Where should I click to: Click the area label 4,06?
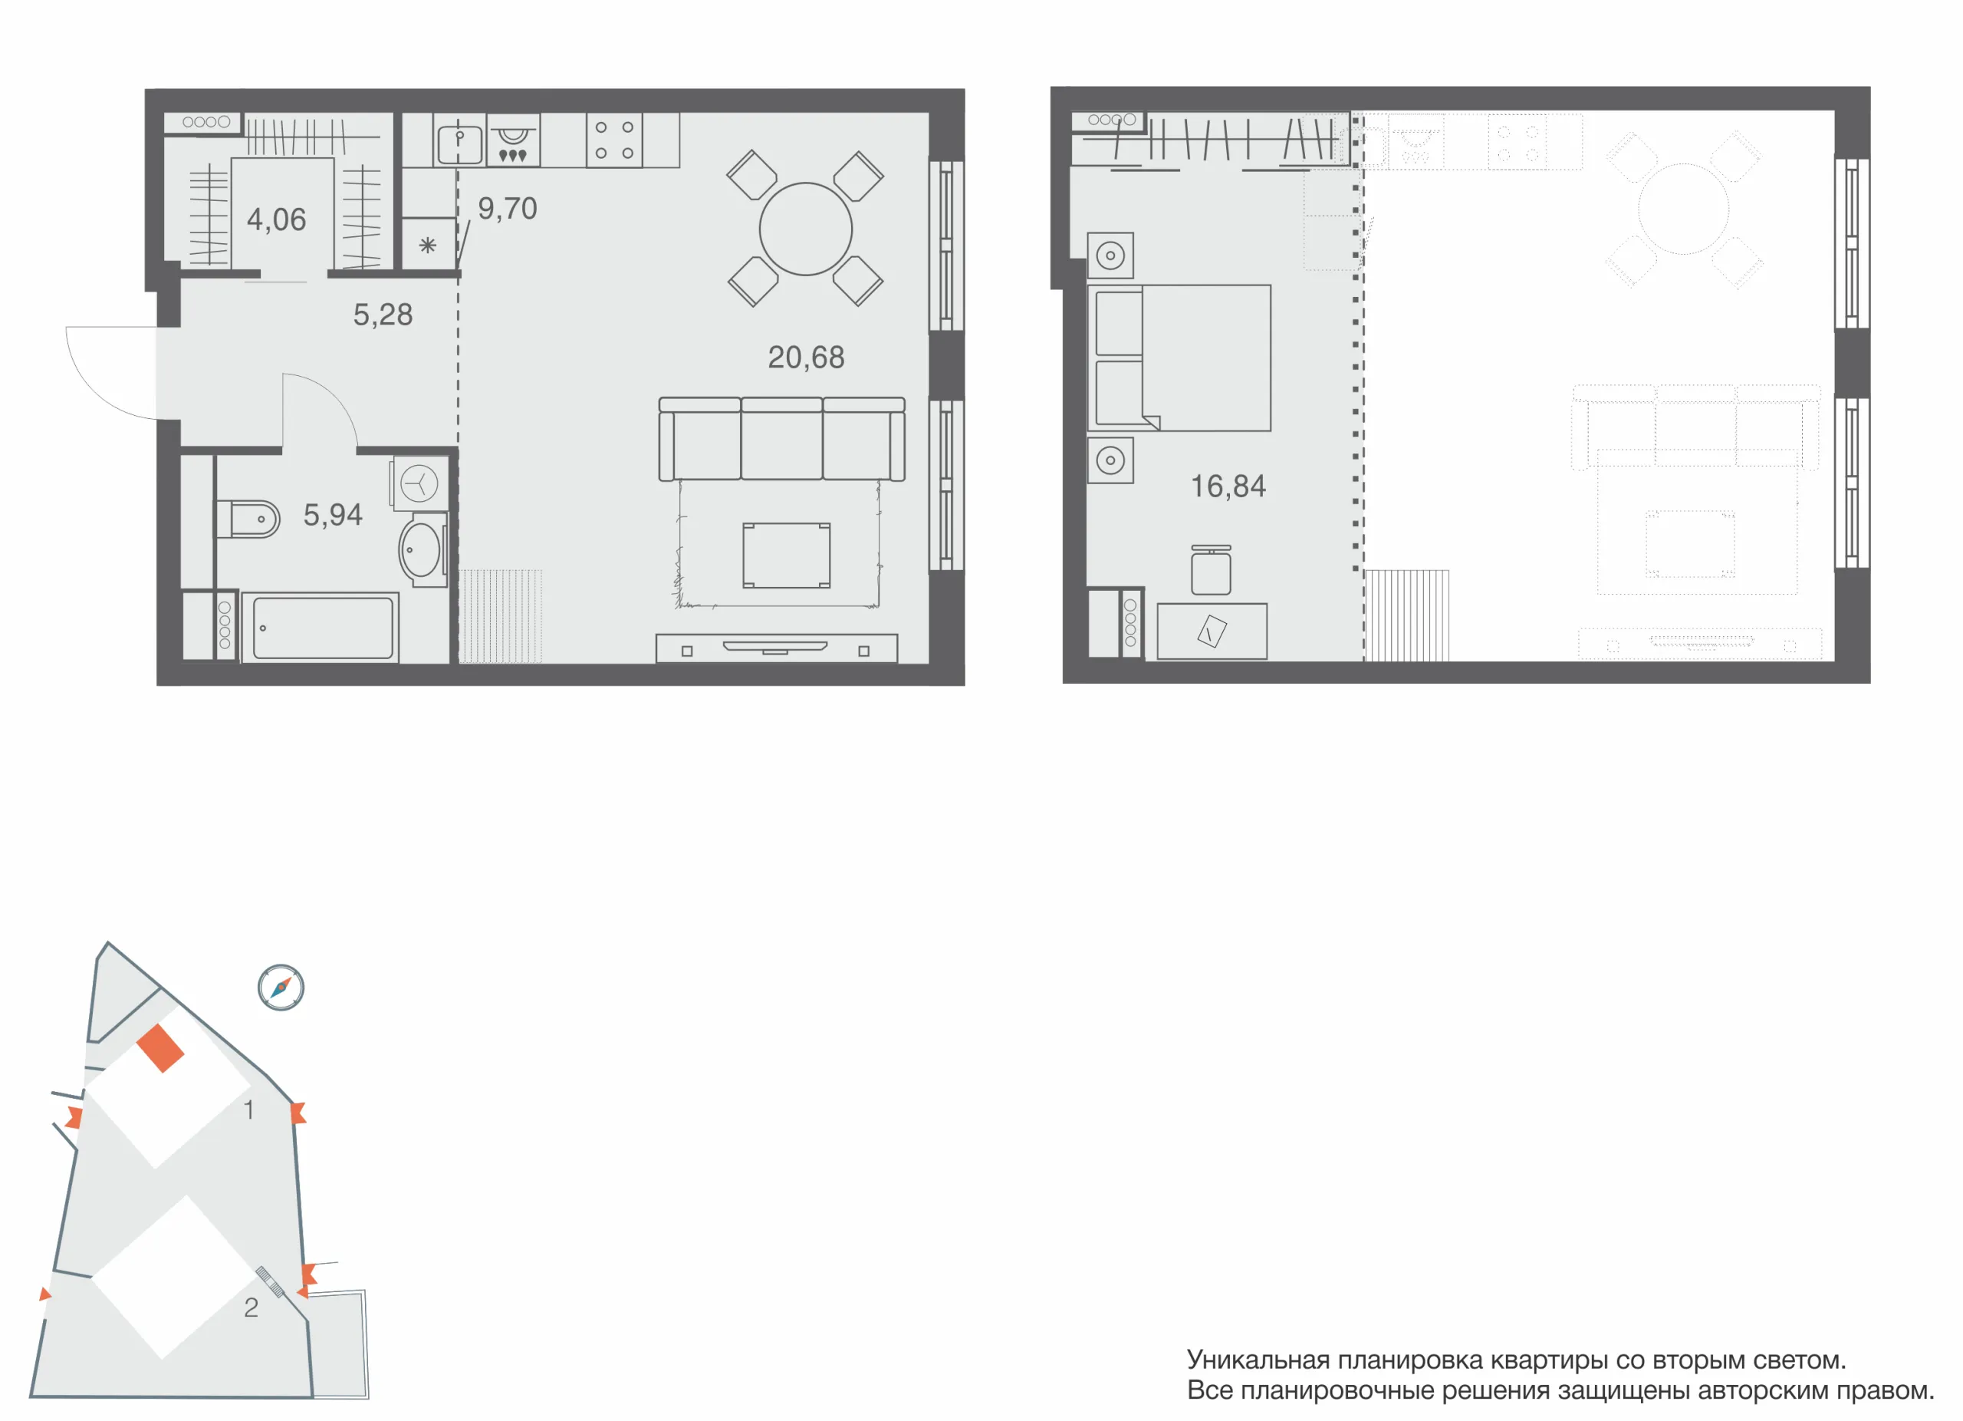[276, 220]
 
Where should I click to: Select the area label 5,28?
[383, 315]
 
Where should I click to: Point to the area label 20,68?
[806, 357]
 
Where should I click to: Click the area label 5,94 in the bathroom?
[332, 516]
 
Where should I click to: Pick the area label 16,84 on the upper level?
[1228, 486]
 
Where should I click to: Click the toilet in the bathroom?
[248, 519]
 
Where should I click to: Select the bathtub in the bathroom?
[321, 628]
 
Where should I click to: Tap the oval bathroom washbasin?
[421, 549]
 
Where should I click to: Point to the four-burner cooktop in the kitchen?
[614, 140]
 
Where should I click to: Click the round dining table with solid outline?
[806, 229]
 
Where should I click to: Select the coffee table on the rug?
[787, 555]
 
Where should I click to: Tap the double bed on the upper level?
[1179, 358]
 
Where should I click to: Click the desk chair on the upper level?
[1211, 570]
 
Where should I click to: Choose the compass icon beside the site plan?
[281, 987]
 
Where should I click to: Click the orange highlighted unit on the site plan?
[160, 1049]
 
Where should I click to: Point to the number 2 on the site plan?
[251, 1307]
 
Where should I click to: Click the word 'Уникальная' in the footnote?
[1258, 1360]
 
